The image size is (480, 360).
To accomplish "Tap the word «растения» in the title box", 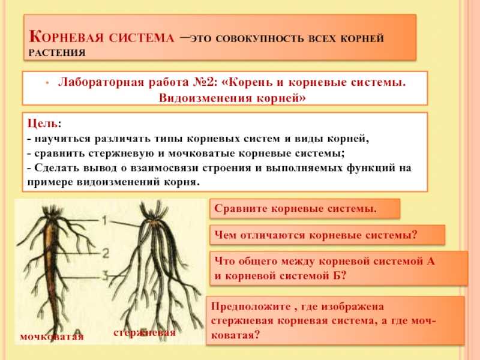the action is [x=57, y=53].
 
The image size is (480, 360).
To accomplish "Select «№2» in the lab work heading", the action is [x=205, y=82].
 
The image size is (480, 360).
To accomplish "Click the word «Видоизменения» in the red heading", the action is [x=205, y=98].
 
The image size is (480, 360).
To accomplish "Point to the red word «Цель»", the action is [x=43, y=124].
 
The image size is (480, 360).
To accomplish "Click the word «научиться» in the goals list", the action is [x=63, y=139].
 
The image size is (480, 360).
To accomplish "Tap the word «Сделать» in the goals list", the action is [x=57, y=167].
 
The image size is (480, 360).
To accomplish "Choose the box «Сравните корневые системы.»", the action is [x=305, y=208].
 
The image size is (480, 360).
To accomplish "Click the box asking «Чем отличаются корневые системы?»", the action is [x=327, y=235].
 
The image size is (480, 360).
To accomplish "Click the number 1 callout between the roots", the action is [x=104, y=220].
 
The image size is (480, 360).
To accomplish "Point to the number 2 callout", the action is [x=106, y=253].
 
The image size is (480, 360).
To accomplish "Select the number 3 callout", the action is [x=105, y=277].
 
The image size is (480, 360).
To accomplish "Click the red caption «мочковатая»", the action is [x=52, y=337].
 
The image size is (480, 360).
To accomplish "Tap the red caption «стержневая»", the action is [x=145, y=333].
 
